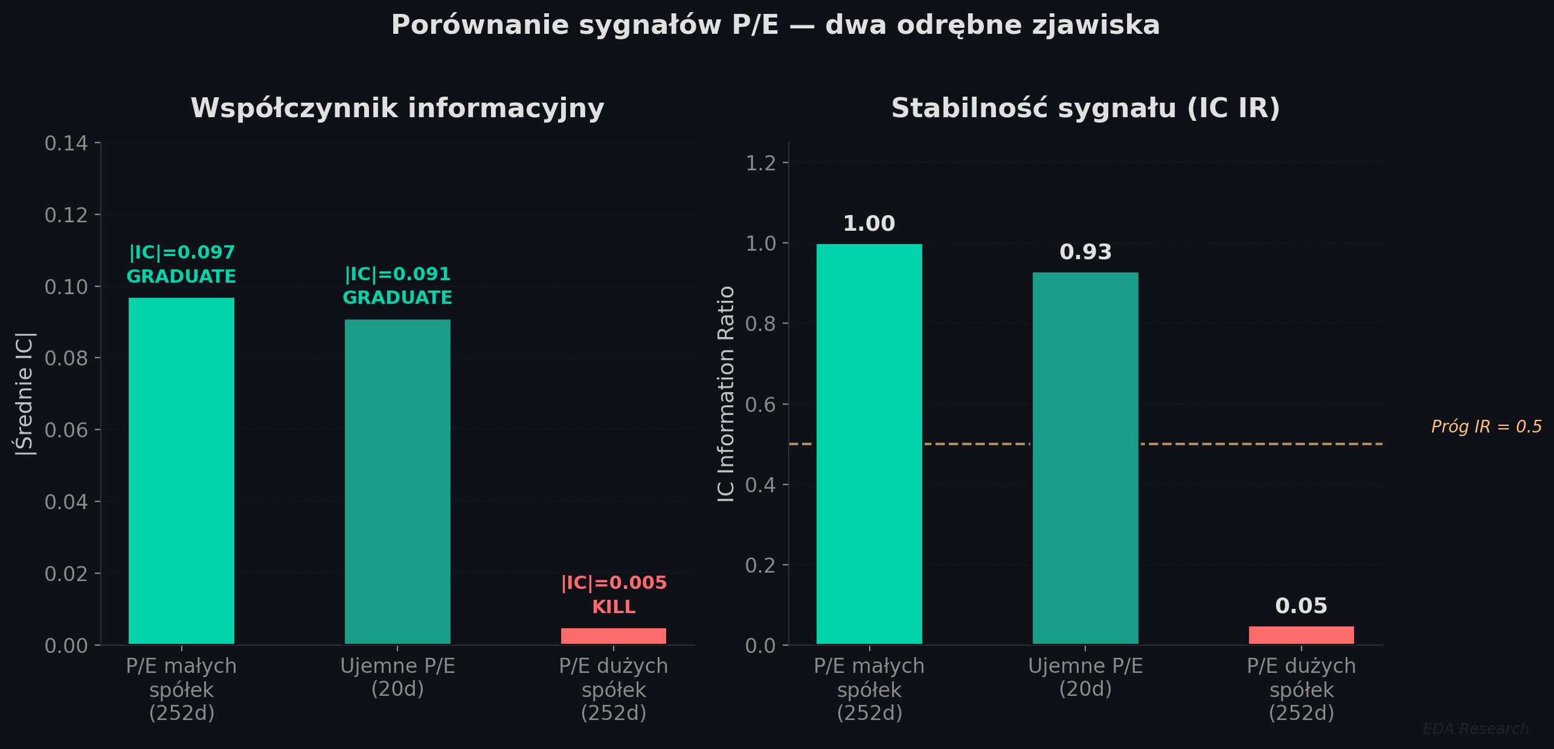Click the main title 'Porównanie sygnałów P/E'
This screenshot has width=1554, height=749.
click(x=775, y=25)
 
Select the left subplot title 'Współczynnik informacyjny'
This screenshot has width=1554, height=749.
click(x=397, y=109)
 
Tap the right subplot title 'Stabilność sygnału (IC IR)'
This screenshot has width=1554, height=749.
click(x=1085, y=109)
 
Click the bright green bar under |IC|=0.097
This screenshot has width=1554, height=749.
click(x=181, y=471)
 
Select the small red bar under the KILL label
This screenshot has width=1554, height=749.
click(x=613, y=636)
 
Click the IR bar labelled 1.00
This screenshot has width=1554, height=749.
click(x=869, y=444)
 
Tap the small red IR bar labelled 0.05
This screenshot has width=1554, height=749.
click(x=1301, y=635)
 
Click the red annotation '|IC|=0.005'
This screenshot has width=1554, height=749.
click(x=614, y=583)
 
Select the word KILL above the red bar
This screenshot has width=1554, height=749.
click(x=614, y=607)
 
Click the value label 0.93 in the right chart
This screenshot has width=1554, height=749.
click(x=1085, y=252)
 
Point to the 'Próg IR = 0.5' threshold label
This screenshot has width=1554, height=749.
click(x=1486, y=427)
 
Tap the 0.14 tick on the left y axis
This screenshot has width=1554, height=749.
click(x=66, y=144)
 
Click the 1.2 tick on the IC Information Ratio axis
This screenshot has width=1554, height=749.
click(x=760, y=163)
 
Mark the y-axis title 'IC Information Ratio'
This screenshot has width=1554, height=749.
click(x=726, y=394)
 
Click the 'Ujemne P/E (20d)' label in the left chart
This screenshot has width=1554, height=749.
click(x=397, y=677)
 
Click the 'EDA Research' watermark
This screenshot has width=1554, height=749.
click(x=1475, y=729)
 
